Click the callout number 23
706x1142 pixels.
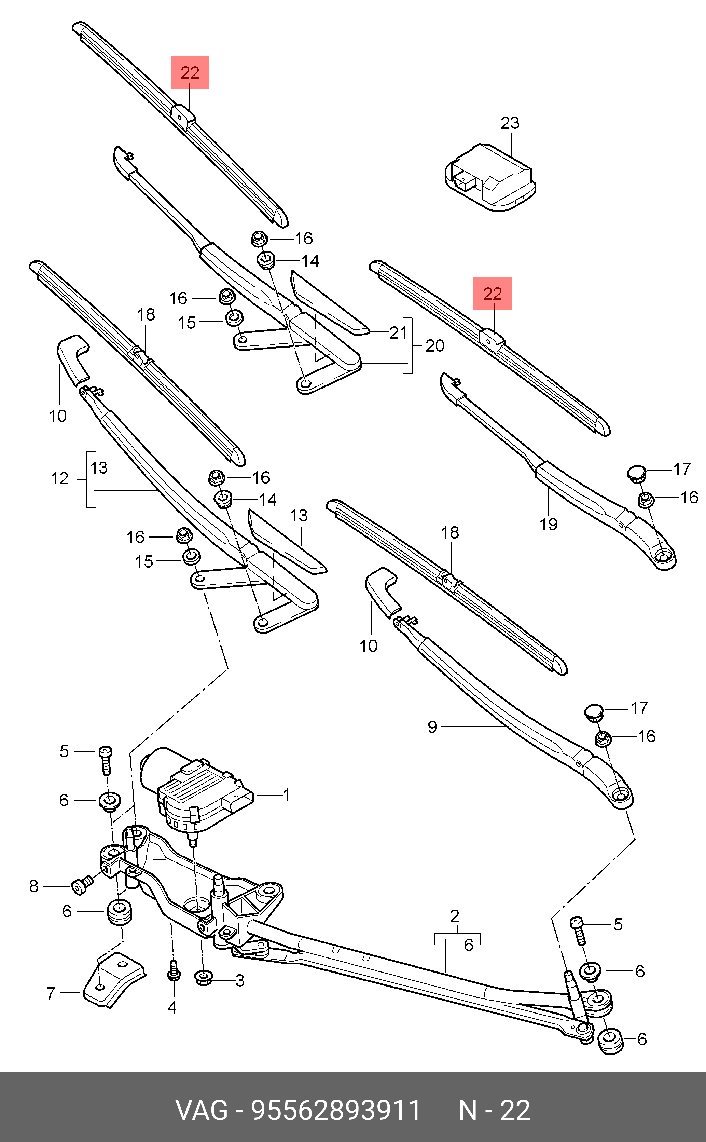(x=510, y=123)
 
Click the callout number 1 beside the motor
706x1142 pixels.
(x=287, y=794)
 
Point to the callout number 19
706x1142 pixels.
(x=549, y=525)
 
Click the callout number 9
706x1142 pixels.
(x=432, y=727)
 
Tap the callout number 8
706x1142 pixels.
(x=33, y=886)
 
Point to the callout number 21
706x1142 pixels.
(x=398, y=333)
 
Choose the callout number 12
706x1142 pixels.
(x=59, y=479)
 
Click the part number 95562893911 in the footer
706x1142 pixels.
(x=336, y=1111)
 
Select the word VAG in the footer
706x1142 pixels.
(x=202, y=1111)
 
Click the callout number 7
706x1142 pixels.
(x=51, y=993)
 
